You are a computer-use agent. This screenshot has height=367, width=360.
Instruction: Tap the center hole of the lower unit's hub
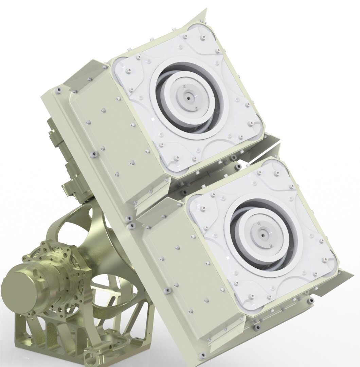(x=263, y=234)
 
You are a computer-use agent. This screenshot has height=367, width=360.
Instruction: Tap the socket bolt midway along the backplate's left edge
(x=92, y=155)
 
